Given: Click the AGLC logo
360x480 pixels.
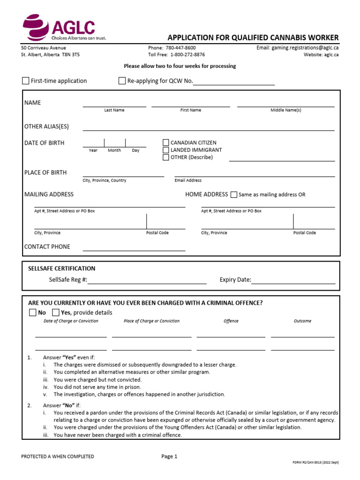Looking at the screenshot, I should (x=59, y=28).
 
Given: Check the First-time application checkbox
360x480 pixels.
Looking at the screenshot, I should (x=26, y=81).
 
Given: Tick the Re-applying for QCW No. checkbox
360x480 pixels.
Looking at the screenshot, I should (x=122, y=81).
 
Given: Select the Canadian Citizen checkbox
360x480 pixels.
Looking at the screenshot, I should (x=166, y=142).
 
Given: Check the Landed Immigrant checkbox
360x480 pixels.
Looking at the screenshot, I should (x=166, y=150).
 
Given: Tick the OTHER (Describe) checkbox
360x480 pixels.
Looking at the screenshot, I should (x=166, y=157).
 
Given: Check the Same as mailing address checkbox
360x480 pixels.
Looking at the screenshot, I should (x=234, y=195).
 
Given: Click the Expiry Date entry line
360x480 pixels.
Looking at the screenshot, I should (x=293, y=281).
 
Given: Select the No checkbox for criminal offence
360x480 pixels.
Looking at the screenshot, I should (x=32, y=313).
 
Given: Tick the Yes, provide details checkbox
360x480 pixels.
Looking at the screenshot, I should (x=56, y=313).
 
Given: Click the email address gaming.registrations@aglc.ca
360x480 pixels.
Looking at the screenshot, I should (x=305, y=48).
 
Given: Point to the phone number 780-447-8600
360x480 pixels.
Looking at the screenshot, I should (x=180, y=48).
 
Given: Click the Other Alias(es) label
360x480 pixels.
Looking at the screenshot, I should (x=46, y=127).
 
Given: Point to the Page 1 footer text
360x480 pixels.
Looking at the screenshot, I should (x=169, y=456).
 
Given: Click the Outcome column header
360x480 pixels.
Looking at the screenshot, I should (x=302, y=321).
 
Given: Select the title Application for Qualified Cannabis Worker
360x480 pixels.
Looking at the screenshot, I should (x=253, y=37).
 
